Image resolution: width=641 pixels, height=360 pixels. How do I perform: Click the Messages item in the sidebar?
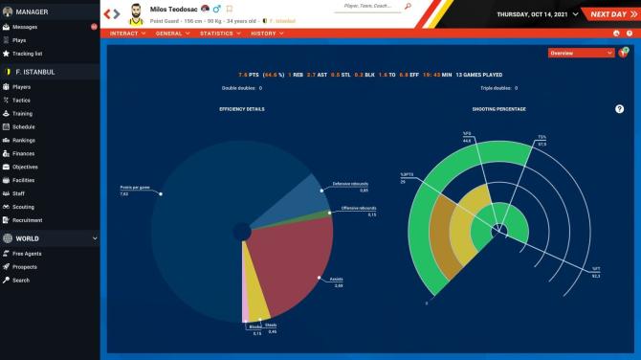pyautogui.click(x=26, y=27)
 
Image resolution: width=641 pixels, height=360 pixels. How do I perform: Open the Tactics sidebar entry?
pyautogui.click(x=23, y=100)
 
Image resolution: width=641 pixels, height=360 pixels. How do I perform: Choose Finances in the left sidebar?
pyautogui.click(x=25, y=153)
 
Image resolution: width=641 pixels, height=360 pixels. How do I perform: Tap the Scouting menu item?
pyautogui.click(x=24, y=207)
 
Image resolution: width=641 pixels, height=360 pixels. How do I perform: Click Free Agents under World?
pyautogui.click(x=27, y=254)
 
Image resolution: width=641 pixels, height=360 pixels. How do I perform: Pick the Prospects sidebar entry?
pyautogui.click(x=25, y=267)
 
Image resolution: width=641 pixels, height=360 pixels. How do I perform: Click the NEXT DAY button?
pyautogui.click(x=608, y=14)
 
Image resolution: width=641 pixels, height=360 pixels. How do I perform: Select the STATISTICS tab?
pyautogui.click(x=220, y=34)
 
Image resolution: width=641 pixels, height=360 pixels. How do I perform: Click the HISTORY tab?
pyautogui.click(x=266, y=34)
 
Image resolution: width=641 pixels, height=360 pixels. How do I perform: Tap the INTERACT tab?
pyautogui.click(x=126, y=34)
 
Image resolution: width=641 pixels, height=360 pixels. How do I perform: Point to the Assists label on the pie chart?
pyautogui.click(x=336, y=281)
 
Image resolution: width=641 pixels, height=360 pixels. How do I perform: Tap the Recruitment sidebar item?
pyautogui.click(x=29, y=220)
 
